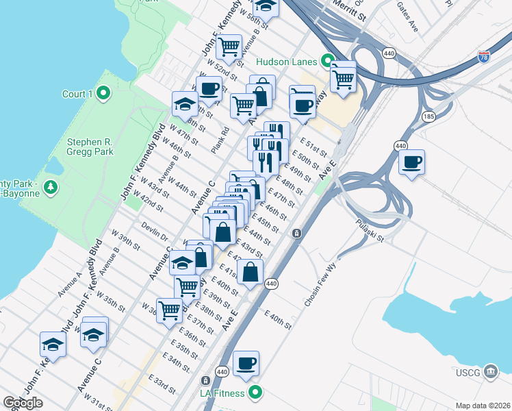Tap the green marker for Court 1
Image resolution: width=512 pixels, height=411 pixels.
click(x=104, y=93)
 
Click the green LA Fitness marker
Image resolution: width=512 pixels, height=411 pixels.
click(x=256, y=393)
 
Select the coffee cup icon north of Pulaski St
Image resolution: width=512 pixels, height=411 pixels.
click(x=411, y=163)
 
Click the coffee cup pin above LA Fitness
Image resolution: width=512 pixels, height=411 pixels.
click(x=246, y=364)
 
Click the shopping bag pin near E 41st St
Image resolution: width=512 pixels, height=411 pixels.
click(x=251, y=273)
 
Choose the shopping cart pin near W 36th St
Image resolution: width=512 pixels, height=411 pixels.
click(x=169, y=310)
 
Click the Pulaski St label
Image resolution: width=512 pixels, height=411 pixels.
click(x=370, y=232)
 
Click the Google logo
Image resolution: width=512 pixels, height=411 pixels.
click(x=23, y=403)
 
